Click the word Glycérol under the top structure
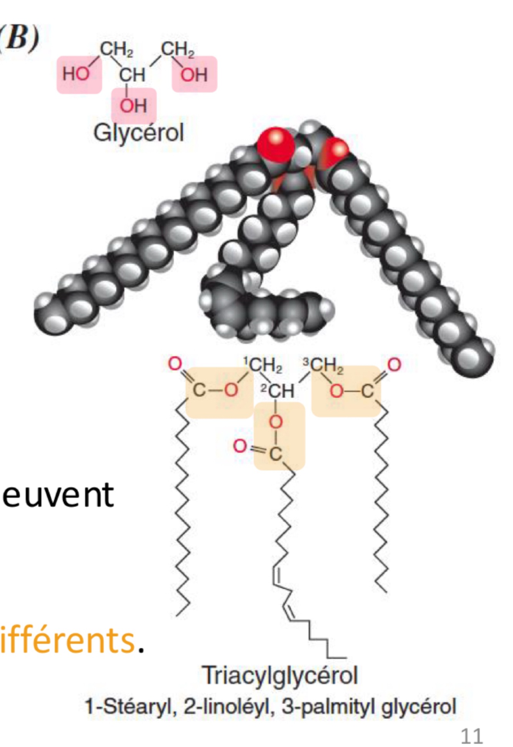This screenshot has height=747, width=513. click(x=138, y=133)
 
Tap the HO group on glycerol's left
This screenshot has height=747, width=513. click(x=76, y=74)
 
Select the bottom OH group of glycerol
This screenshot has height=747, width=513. click(x=133, y=105)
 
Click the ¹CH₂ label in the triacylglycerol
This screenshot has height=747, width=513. click(x=264, y=365)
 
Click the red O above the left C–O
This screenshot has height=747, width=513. click(x=175, y=364)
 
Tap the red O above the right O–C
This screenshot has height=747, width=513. click(x=394, y=364)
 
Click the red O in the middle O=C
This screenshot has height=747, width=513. click(x=240, y=446)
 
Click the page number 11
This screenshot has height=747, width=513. click(x=471, y=736)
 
